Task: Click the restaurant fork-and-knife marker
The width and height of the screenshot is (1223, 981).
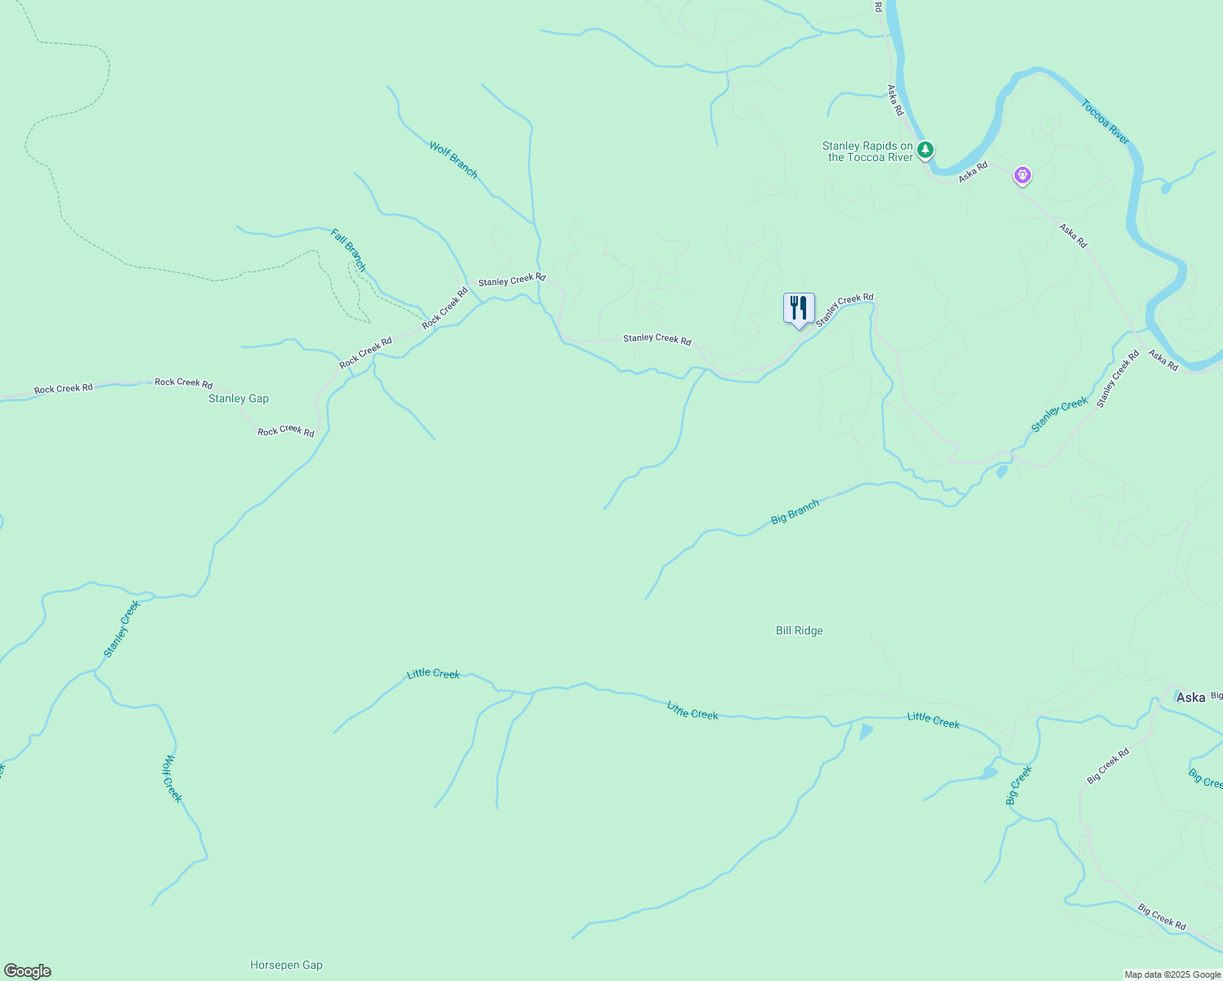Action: click(x=799, y=309)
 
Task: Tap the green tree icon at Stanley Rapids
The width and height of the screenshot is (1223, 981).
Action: click(x=925, y=150)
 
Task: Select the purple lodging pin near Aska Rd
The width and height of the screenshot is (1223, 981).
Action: click(x=1022, y=174)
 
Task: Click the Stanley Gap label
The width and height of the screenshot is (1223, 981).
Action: click(x=239, y=399)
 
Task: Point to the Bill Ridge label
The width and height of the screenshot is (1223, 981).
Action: click(x=799, y=631)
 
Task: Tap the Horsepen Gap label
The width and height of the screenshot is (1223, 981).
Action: click(x=286, y=965)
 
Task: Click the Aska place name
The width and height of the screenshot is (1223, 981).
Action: click(x=1190, y=697)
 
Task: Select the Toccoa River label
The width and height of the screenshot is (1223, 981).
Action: click(x=1104, y=123)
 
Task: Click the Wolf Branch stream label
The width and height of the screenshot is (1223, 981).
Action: click(x=453, y=159)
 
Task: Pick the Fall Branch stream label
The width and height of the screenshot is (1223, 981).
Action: click(x=348, y=250)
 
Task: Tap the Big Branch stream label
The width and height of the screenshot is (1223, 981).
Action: click(x=795, y=513)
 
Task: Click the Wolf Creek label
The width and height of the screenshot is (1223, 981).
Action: click(x=172, y=778)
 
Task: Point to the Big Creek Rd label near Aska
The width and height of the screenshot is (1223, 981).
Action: click(x=1108, y=767)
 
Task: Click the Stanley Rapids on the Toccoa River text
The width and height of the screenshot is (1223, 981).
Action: click(x=867, y=152)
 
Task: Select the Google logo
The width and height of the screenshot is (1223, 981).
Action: click(x=28, y=971)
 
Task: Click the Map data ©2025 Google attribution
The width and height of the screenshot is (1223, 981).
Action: click(x=1171, y=974)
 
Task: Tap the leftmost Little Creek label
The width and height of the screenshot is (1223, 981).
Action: click(x=433, y=674)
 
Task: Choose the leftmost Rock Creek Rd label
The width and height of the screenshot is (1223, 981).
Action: click(x=63, y=389)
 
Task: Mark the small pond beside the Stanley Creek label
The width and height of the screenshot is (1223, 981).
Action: click(x=1002, y=471)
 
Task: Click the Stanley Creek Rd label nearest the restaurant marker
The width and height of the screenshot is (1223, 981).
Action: click(x=844, y=310)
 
